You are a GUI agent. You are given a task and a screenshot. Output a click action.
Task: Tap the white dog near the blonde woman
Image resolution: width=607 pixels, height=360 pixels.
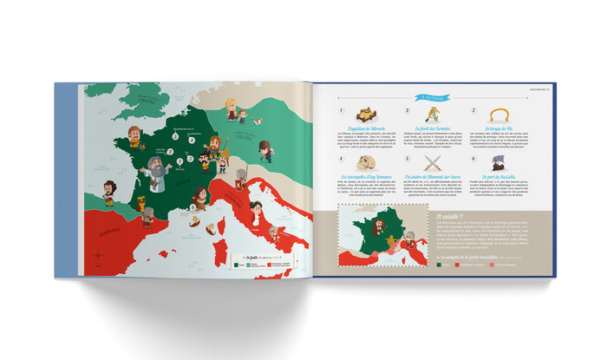pyautogui.click(x=243, y=116)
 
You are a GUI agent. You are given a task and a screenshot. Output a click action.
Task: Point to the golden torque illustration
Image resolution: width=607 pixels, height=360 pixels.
pyautogui.click(x=499, y=115)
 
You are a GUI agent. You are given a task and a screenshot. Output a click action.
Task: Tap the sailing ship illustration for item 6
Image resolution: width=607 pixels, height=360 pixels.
pyautogui.click(x=500, y=162)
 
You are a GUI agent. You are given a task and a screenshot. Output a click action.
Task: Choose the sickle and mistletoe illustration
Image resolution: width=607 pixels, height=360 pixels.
pyautogui.click(x=433, y=115)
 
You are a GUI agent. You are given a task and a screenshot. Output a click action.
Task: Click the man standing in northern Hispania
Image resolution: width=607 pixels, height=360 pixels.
pyautogui.click(x=109, y=192)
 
